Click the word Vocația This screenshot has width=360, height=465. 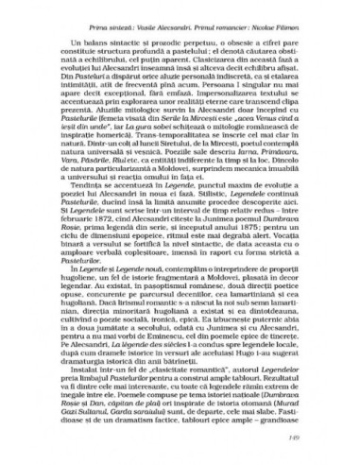[288, 262]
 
